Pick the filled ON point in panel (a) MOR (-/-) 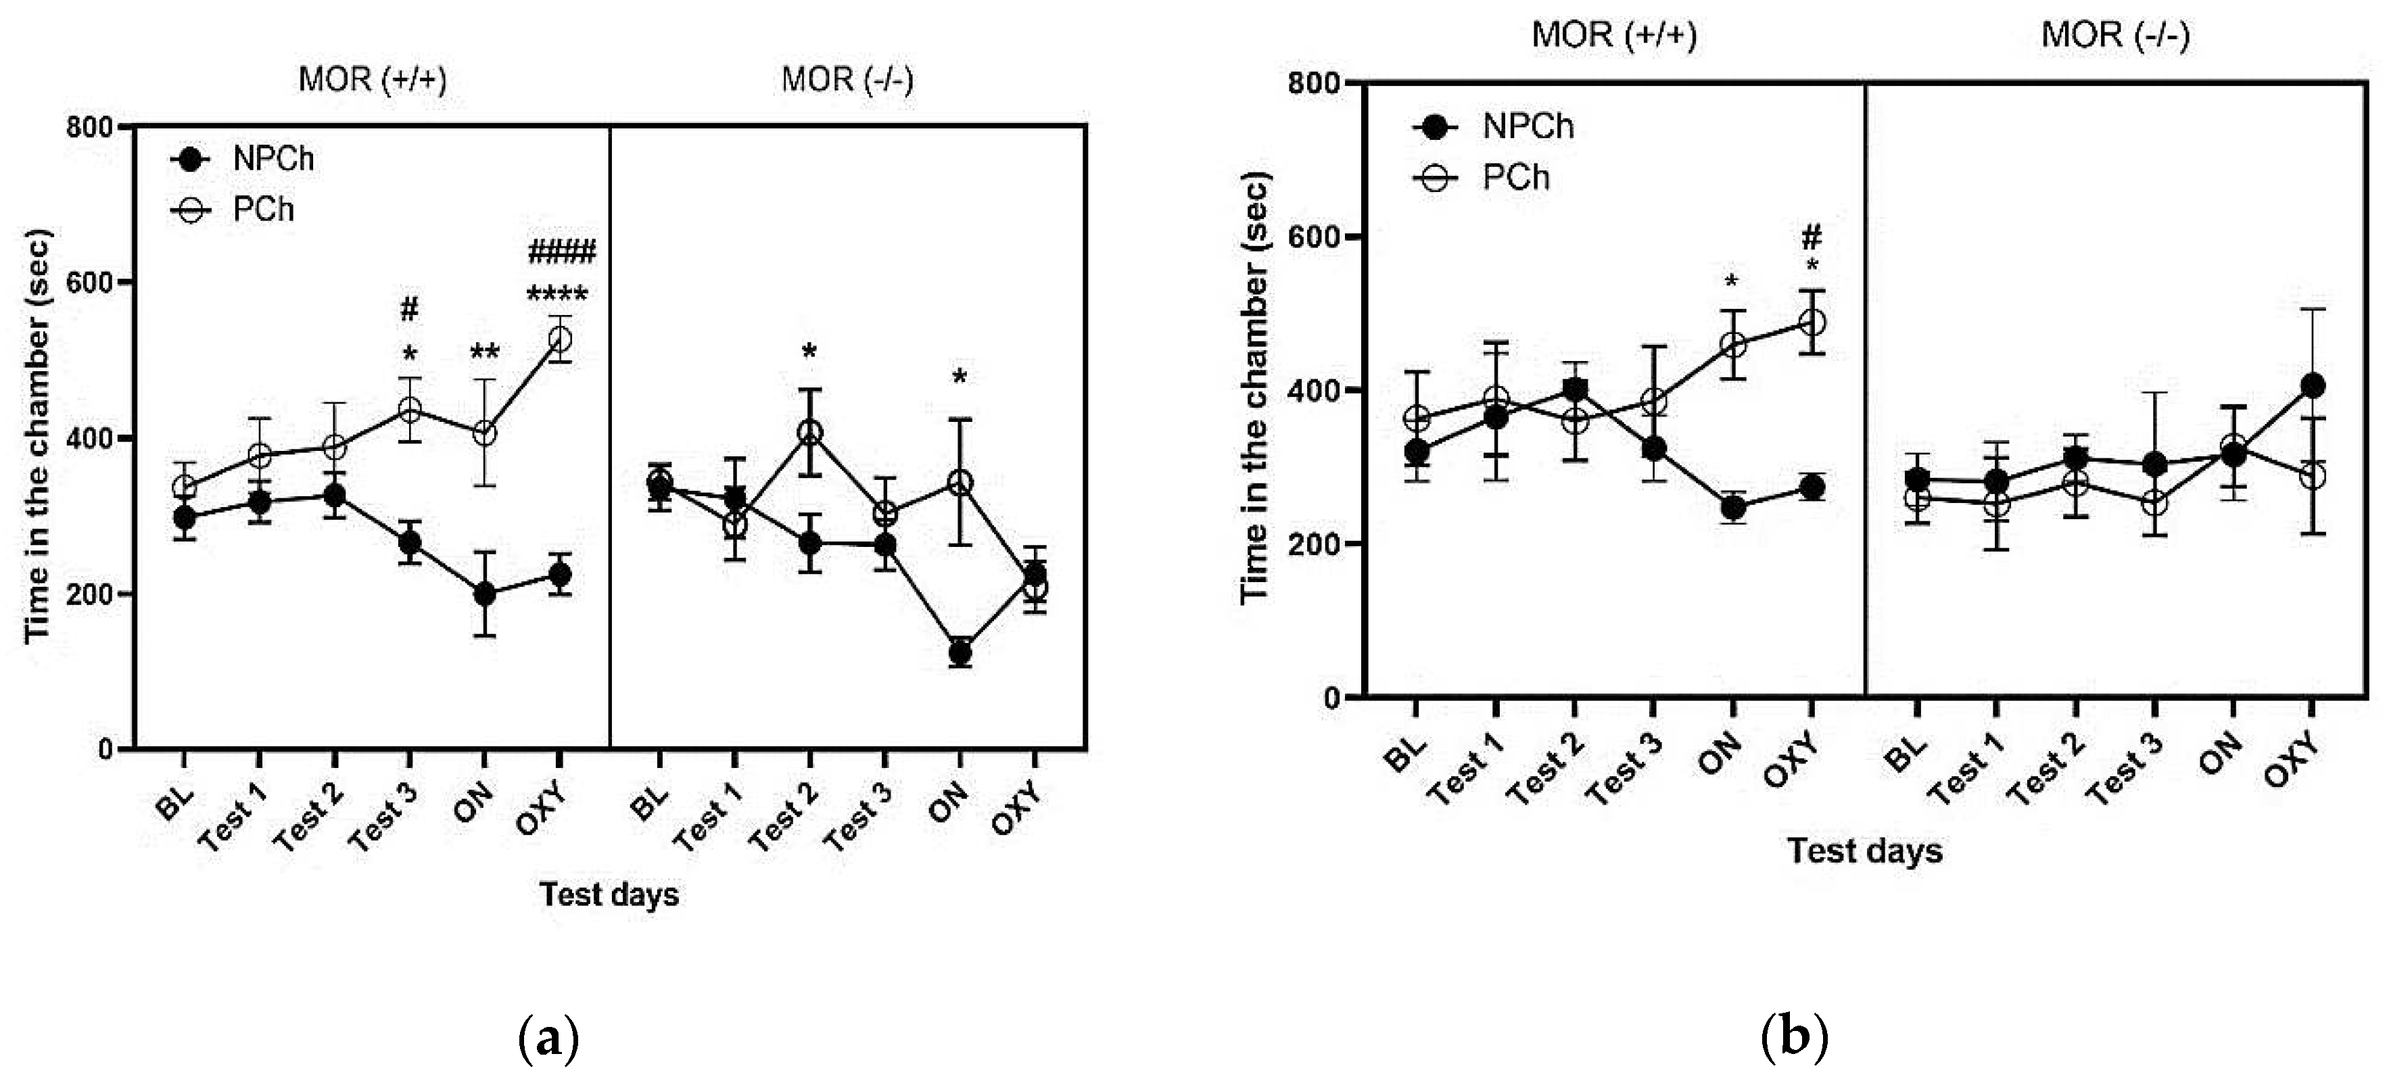(x=960, y=653)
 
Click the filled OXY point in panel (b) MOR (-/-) (x=2313, y=385)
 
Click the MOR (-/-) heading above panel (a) (x=847, y=80)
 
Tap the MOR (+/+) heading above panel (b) (x=1613, y=35)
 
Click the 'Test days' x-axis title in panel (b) (x=1864, y=850)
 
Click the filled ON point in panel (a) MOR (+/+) (x=483, y=594)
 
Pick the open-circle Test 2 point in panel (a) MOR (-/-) (x=810, y=433)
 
